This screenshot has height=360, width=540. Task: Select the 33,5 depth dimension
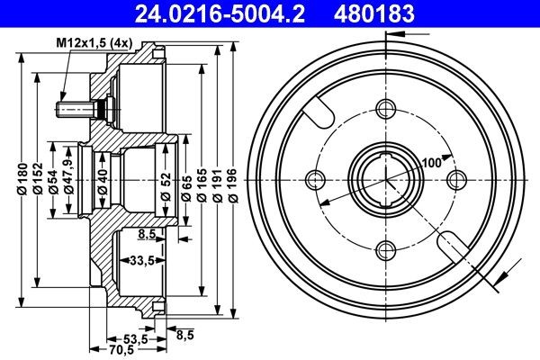[x=136, y=261]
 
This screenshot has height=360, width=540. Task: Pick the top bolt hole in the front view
[x=386, y=110]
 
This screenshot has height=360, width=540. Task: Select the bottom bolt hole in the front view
[x=386, y=248]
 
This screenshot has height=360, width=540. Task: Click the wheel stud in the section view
[x=76, y=110]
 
